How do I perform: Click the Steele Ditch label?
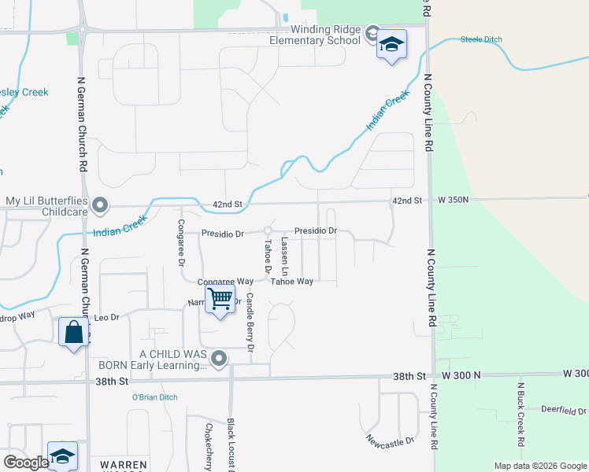pos(481,39)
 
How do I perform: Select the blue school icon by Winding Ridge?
pos(391,45)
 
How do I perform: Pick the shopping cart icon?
pos(220,298)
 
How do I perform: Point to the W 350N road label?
pos(453,200)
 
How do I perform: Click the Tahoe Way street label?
pos(292,281)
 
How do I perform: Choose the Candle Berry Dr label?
pos(250,322)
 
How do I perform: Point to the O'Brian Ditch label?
pos(154,397)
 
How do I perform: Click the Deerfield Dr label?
pos(564,410)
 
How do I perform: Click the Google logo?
pos(25,462)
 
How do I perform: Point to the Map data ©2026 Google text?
pos(539,466)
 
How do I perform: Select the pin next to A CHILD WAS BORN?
pos(219,359)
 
